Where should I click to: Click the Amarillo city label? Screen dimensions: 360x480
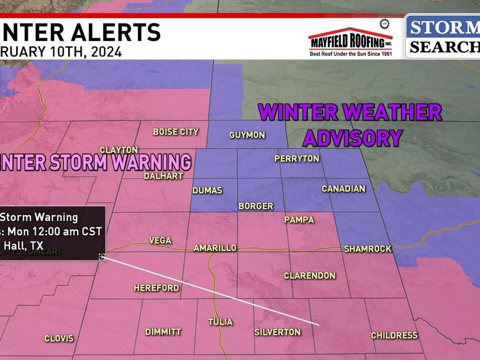(215, 248)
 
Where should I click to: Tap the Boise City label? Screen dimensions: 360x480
(175, 132)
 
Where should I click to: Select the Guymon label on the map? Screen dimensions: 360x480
(247, 135)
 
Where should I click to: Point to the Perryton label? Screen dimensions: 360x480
(296, 158)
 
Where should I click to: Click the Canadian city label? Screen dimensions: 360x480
(343, 188)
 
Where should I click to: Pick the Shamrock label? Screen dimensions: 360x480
(367, 248)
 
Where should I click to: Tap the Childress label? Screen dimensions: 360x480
(394, 335)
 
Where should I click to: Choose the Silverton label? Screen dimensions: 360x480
(277, 332)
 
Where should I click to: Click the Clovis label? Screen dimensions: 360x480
(59, 338)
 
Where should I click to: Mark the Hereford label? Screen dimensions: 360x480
(156, 288)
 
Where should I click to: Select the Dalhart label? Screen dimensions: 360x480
(163, 176)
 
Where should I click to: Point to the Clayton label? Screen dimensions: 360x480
(118, 150)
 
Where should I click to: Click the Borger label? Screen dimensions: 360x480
(255, 206)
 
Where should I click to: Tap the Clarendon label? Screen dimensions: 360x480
(309, 275)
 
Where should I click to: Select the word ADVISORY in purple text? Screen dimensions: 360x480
(353, 137)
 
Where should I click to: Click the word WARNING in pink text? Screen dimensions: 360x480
(152, 162)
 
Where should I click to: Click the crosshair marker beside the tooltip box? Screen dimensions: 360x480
(102, 256)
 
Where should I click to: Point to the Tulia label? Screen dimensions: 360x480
(220, 321)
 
